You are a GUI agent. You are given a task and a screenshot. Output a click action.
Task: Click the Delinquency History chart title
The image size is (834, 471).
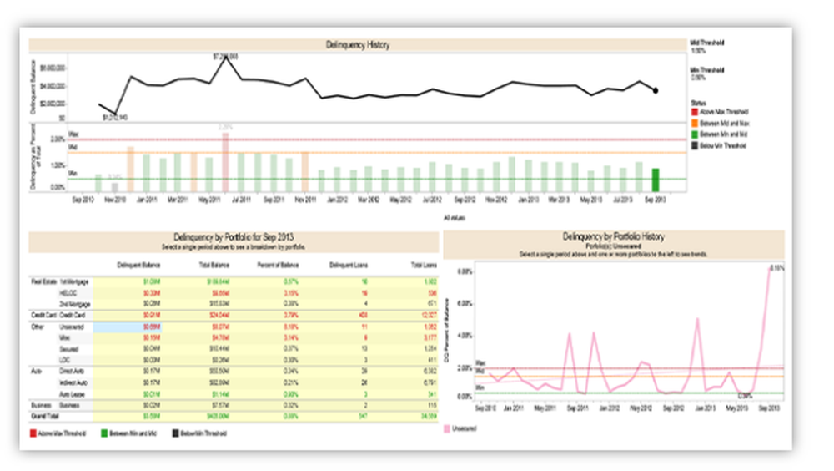click(x=358, y=44)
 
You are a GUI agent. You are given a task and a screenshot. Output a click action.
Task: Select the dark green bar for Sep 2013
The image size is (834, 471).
click(x=656, y=180)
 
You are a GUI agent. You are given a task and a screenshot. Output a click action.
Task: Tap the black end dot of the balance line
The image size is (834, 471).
click(x=656, y=90)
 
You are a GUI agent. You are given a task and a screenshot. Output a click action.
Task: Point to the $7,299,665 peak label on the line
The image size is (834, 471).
click(x=225, y=56)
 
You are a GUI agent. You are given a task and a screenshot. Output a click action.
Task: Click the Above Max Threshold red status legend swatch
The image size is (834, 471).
click(x=695, y=112)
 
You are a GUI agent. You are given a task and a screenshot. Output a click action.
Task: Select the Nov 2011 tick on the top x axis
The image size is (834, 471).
click(x=305, y=200)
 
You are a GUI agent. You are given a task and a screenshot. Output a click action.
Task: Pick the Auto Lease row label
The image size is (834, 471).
click(x=70, y=392)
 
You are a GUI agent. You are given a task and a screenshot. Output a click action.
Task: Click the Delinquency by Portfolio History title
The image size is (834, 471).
click(x=614, y=237)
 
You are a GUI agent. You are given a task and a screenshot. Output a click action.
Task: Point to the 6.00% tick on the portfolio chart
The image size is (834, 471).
click(x=465, y=303)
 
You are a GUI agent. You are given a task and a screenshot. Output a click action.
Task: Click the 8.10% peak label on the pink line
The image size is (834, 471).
click(x=776, y=268)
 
